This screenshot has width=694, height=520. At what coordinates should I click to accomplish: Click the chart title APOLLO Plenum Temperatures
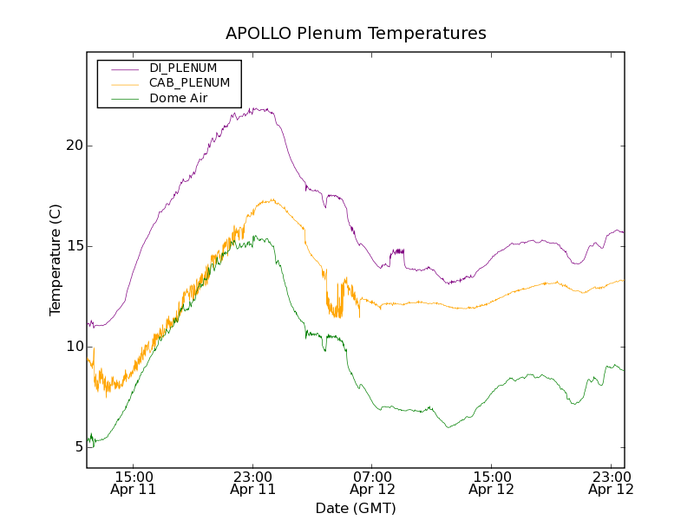click(356, 34)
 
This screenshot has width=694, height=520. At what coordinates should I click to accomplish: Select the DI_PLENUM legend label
click(183, 68)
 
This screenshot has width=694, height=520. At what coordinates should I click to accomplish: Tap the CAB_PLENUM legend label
click(189, 83)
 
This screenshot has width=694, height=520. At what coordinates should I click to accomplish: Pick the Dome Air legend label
click(178, 98)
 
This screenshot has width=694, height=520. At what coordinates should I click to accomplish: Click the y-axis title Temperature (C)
click(56, 260)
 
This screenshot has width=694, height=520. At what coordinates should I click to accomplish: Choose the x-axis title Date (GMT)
click(356, 508)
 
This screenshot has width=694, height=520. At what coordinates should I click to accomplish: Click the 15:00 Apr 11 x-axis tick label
click(133, 483)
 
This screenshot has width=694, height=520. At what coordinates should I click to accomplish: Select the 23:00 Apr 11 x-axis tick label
click(252, 483)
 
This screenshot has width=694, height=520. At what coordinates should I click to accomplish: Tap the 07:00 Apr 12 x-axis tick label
click(372, 483)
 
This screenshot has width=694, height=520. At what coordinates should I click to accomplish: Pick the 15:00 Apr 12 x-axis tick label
click(492, 483)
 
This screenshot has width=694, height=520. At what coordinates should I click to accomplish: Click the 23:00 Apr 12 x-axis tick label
click(611, 483)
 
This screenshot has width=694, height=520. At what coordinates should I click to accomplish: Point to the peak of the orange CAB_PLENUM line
click(272, 199)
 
